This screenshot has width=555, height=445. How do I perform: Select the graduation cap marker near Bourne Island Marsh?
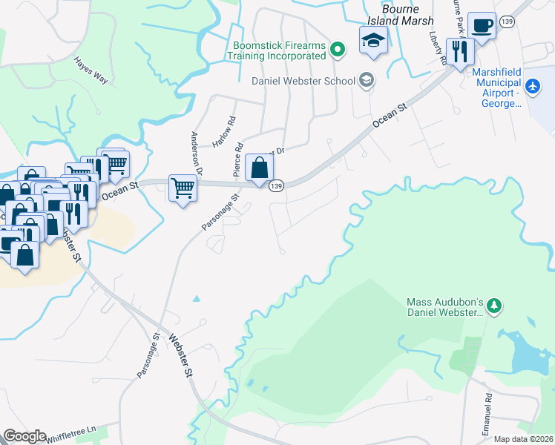click(x=373, y=41)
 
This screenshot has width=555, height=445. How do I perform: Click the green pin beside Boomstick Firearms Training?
click(x=338, y=50)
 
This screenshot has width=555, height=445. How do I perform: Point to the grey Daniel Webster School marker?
click(x=365, y=80)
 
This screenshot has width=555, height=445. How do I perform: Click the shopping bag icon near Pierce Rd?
click(x=259, y=168)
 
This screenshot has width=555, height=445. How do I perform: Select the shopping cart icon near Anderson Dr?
click(x=183, y=188)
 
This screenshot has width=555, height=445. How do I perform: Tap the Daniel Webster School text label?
click(x=305, y=81)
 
